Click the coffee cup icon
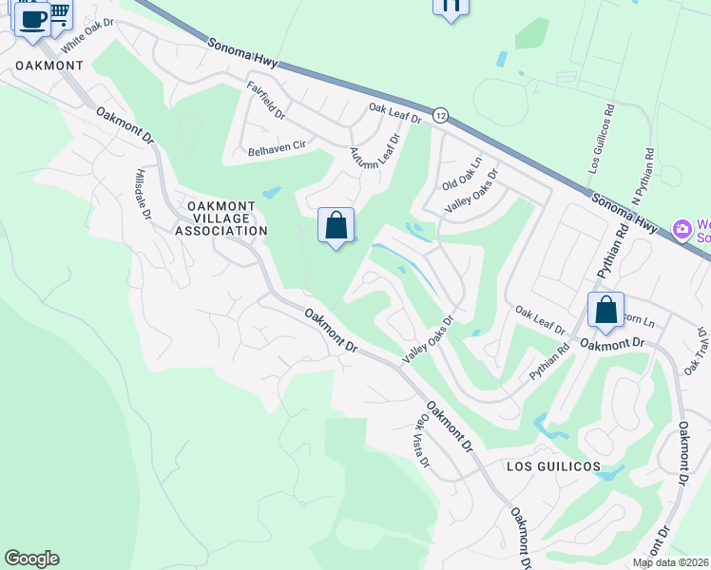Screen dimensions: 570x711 (x=32, y=19)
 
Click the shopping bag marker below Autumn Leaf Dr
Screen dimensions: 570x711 (x=336, y=227)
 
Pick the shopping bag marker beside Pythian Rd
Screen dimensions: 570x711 (x=605, y=311)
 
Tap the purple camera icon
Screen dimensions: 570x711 (x=681, y=229)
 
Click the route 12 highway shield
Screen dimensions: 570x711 (x=440, y=115)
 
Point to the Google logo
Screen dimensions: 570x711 (x=31, y=559)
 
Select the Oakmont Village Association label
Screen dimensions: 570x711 (x=221, y=218)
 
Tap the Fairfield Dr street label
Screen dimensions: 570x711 (x=266, y=100)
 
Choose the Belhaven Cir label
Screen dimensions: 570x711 (x=276, y=150)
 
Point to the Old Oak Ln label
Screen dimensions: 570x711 (x=463, y=172)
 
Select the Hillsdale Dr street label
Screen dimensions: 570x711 (x=143, y=195)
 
